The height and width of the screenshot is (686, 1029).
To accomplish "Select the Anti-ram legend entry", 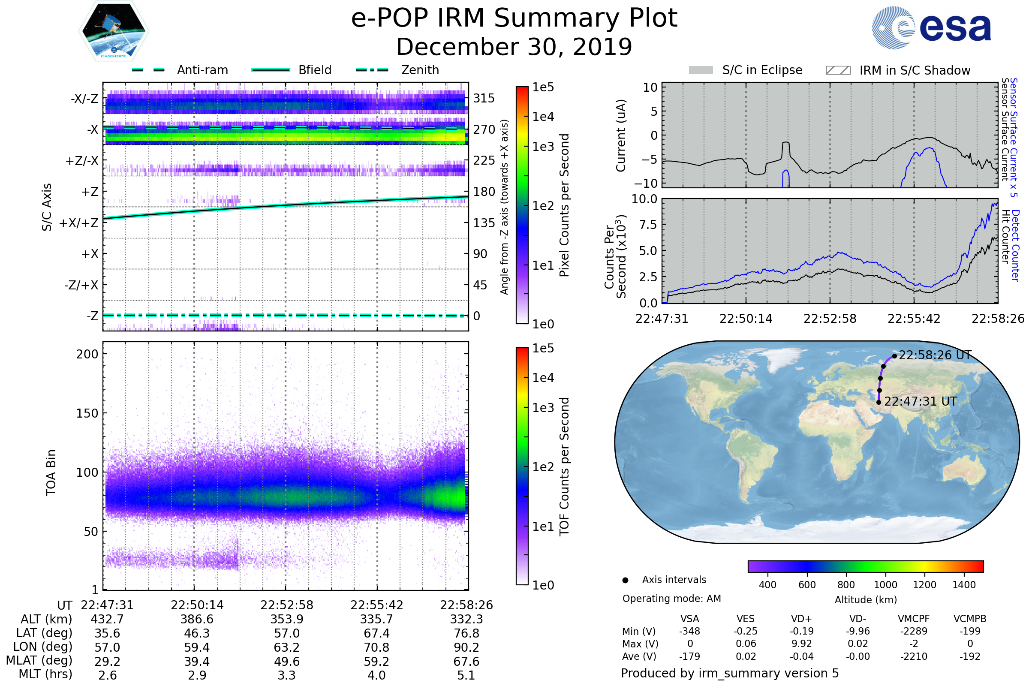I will click(x=202, y=70).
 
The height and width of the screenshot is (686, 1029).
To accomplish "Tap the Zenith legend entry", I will click(x=420, y=70).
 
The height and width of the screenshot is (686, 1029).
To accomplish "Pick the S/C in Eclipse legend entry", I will click(x=762, y=70).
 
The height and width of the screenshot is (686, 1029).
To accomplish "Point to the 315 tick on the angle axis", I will click(x=484, y=98).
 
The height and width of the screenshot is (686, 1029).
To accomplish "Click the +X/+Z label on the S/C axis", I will click(x=79, y=223).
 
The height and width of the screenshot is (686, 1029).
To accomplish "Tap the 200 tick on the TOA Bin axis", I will click(x=87, y=354).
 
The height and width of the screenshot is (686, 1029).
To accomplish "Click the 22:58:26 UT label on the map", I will click(x=935, y=355).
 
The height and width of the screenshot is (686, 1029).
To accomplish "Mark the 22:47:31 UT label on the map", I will click(x=920, y=402).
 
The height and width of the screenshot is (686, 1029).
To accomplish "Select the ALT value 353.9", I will click(x=286, y=620).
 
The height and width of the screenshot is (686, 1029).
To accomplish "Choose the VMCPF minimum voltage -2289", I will click(x=914, y=631).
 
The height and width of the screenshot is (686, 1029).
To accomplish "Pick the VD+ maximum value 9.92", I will click(x=801, y=644).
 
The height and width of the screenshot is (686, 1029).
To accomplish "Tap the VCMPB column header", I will click(x=969, y=619).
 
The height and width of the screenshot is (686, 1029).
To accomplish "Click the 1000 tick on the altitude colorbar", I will click(x=885, y=585).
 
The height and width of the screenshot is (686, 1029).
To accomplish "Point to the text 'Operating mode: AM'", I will click(x=671, y=599).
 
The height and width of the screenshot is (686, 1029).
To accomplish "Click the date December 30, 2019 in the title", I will click(x=514, y=47).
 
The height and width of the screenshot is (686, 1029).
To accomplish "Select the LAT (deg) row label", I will click(x=44, y=634).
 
